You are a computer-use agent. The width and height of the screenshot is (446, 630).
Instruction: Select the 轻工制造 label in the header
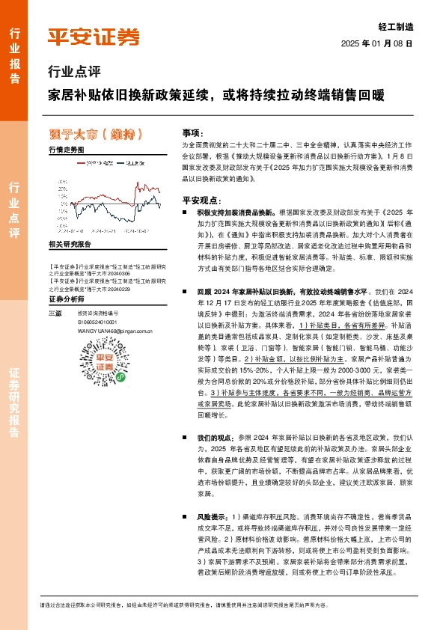397,26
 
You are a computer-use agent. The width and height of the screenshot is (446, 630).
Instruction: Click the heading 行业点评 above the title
73,73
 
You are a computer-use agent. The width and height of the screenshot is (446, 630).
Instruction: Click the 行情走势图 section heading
67,150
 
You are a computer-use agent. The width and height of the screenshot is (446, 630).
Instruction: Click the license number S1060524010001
100,321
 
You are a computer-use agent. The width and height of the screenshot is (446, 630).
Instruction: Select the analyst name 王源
53,313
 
